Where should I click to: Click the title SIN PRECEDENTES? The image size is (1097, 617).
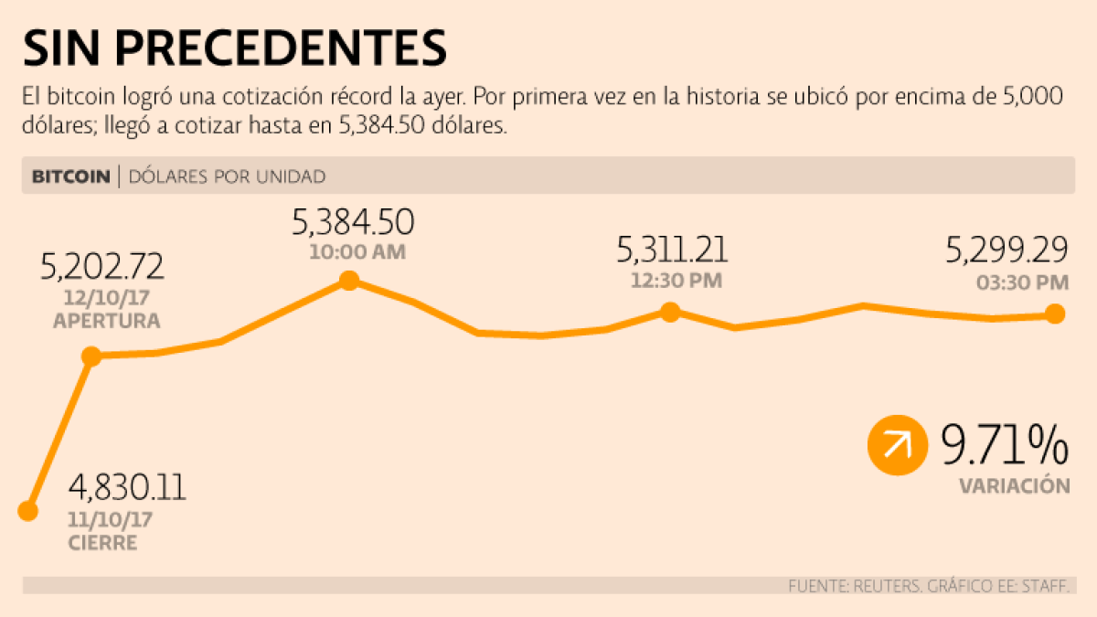pos(234,48)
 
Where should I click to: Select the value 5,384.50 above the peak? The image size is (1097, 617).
pos(353,222)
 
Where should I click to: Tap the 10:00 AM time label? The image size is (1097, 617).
pos(357,252)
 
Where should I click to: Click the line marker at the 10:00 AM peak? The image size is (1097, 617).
pos(348,281)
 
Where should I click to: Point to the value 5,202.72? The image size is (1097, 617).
pos(102,266)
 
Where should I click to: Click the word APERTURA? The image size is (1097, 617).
pos(107,321)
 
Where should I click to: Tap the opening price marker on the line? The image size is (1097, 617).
pos(91,356)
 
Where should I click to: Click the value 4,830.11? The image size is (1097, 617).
pos(127,487)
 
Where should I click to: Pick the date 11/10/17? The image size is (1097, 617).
pos(111,520)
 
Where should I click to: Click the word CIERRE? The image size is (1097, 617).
pos(102,543)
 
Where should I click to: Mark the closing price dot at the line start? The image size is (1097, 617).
pos(28,511)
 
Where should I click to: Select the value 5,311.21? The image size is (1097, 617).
pos(673,249)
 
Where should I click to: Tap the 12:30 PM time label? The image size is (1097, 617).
pos(676,281)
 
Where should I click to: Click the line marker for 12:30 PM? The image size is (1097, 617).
pos(670,312)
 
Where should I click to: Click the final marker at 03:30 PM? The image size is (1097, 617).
pos(1055,314)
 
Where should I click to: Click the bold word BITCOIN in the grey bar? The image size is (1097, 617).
pos(71,176)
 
